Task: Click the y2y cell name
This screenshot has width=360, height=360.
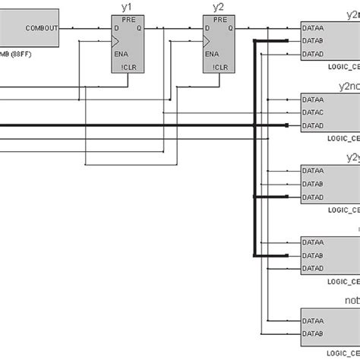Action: click(351, 157)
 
